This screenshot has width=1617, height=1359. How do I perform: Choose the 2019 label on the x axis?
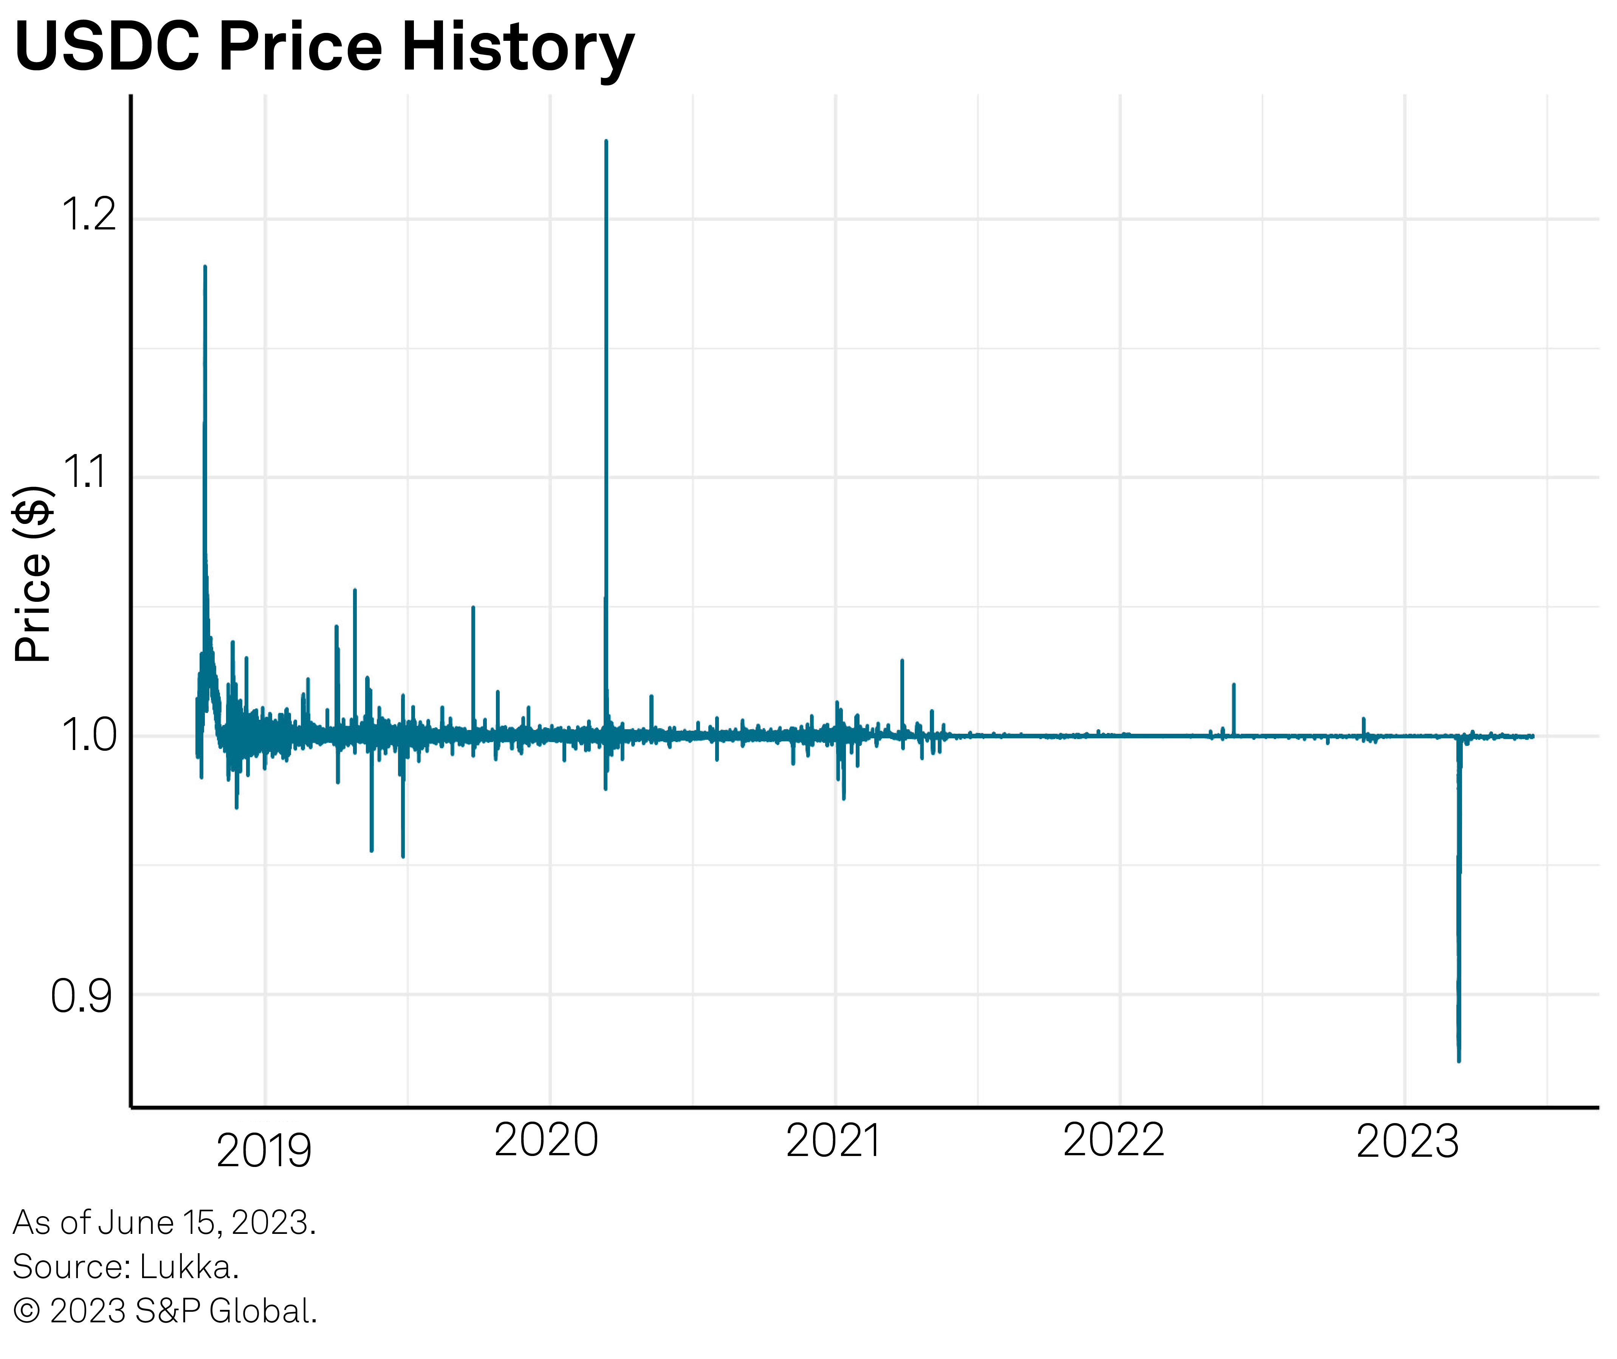(264, 1151)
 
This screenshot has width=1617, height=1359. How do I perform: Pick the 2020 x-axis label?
(546, 1140)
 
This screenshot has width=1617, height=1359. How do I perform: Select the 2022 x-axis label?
(1114, 1140)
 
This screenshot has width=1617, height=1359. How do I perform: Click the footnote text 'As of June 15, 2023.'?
(164, 1223)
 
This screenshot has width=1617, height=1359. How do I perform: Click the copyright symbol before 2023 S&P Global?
(27, 1311)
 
